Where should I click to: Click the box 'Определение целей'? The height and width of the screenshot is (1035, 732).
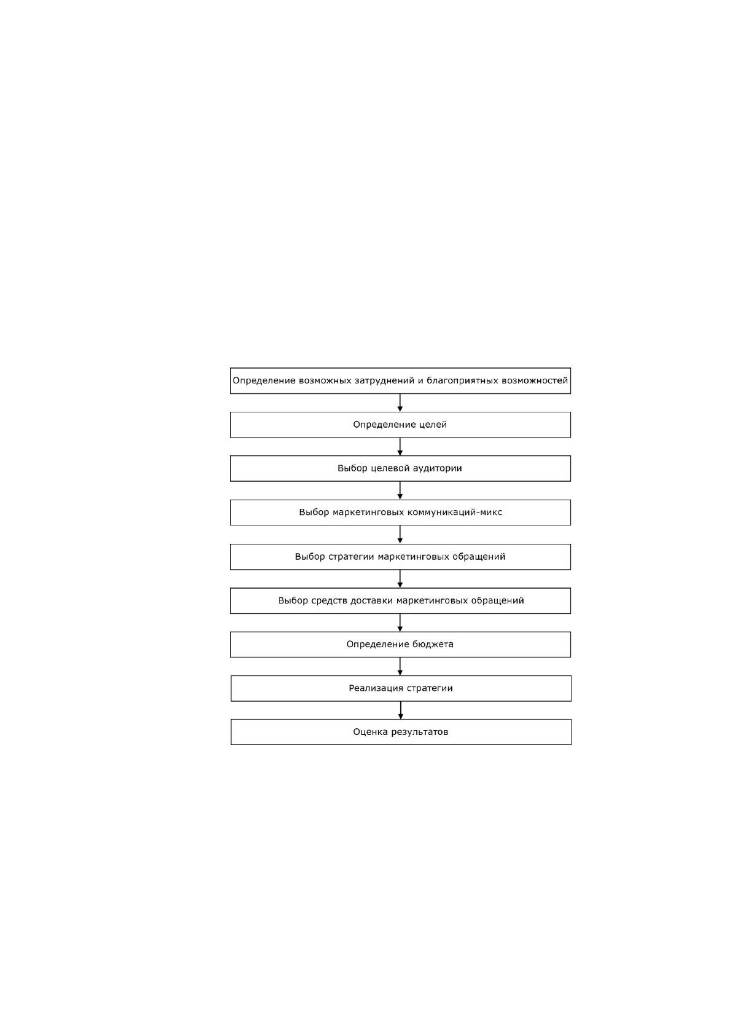pyautogui.click(x=400, y=425)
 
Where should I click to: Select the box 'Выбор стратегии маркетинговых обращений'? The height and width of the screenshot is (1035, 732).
pyautogui.click(x=400, y=557)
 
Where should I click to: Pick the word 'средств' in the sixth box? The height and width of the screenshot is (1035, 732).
pyautogui.click(x=329, y=601)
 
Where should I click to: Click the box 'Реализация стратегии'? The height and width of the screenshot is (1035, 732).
pyautogui.click(x=401, y=688)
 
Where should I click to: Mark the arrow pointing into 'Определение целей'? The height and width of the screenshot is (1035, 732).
pyautogui.click(x=400, y=403)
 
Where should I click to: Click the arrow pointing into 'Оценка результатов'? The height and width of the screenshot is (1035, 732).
pyautogui.click(x=401, y=710)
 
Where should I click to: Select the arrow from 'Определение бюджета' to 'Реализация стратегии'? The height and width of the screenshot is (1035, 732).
pyautogui.click(x=400, y=666)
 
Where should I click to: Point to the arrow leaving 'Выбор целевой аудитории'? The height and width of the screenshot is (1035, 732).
pyautogui.click(x=400, y=490)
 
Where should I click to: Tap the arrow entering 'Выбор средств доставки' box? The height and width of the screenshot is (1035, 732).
pyautogui.click(x=400, y=578)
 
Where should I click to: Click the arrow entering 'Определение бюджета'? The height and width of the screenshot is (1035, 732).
pyautogui.click(x=400, y=623)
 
